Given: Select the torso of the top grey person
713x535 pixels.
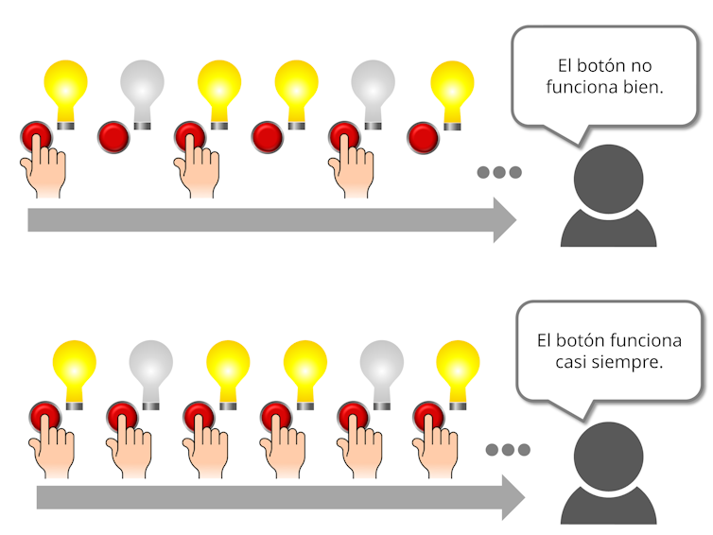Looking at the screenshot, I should pyautogui.click(x=609, y=228).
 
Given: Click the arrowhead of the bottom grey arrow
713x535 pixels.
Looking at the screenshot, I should pyautogui.click(x=512, y=497).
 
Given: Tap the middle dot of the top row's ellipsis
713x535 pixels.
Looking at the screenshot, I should pyautogui.click(x=499, y=173).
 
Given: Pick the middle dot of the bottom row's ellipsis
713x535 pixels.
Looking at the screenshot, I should pyautogui.click(x=507, y=450).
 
